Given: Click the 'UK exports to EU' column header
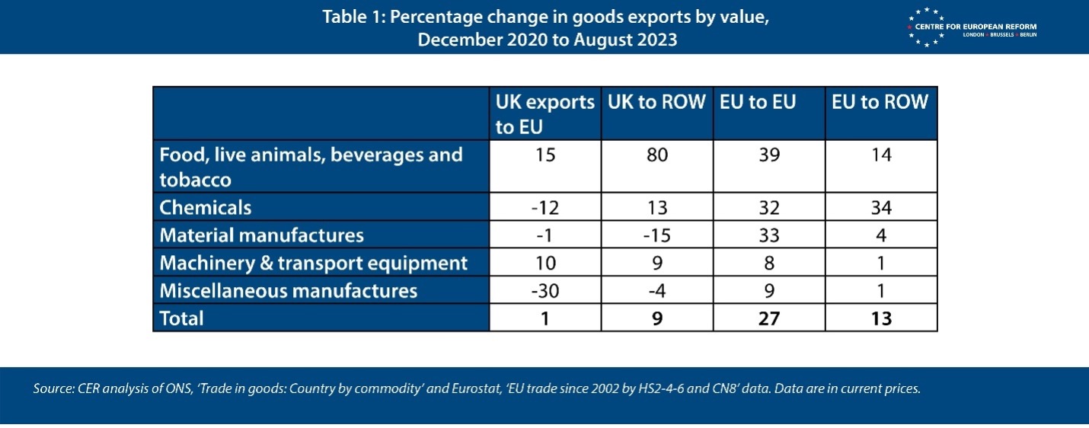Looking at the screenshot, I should pos(544,113).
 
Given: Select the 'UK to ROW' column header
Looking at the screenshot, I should pos(656,103).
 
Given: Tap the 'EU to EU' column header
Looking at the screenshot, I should pos(758,103).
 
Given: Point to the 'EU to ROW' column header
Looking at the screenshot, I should pos(880,103).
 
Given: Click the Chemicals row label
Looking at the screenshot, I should pos(206,207).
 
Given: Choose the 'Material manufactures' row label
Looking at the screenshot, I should pos(261,235).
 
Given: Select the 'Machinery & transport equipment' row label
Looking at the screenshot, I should pos(313,264).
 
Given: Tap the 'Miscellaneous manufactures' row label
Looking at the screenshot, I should pos(288,291).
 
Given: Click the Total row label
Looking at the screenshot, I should pos(181,318).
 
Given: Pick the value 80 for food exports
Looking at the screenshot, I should pos(656,155).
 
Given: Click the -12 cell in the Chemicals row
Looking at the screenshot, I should pos(544,207).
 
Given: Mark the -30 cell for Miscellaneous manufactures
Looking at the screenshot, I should pos(544,291).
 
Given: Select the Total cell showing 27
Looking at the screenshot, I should pos(769,318).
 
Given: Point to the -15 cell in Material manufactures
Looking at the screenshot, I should pos(656,235).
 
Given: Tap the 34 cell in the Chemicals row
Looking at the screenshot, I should pos(881,207).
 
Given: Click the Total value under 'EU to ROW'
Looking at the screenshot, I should pos(881,318).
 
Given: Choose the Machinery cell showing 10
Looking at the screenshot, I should pos(544,264).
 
